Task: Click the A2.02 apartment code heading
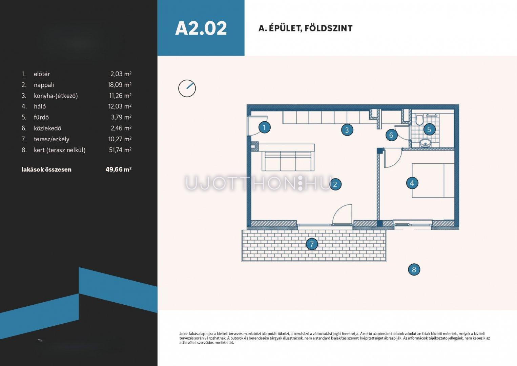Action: [x=201, y=28]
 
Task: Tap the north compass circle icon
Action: [x=187, y=88]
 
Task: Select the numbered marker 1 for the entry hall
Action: [x=265, y=127]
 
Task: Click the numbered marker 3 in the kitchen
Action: [x=347, y=130]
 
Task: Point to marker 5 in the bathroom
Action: [x=429, y=129]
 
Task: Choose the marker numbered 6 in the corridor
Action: [x=391, y=135]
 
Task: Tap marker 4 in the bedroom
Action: [x=412, y=183]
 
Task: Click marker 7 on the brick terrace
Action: [x=312, y=244]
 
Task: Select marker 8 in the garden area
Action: [x=414, y=269]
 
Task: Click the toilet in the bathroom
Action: [x=419, y=120]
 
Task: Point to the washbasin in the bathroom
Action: [x=425, y=143]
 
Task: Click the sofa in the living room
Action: [x=288, y=158]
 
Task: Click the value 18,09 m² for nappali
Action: [x=120, y=85]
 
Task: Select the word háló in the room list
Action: [x=40, y=106]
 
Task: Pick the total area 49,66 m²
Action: [x=118, y=169]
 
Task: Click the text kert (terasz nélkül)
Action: [x=60, y=150]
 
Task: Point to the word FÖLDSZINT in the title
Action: [x=328, y=28]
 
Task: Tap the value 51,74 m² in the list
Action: [x=120, y=150]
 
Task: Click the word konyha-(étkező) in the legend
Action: [x=56, y=96]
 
